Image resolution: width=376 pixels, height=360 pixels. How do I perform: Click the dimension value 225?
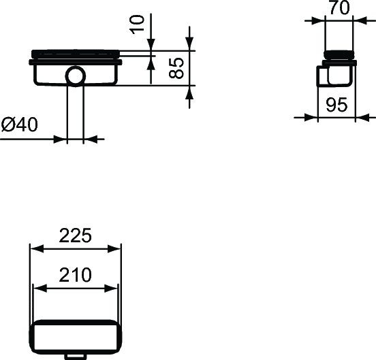75,235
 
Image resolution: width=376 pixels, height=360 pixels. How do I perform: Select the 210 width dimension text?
75,275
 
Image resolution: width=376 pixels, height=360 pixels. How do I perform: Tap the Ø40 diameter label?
19,125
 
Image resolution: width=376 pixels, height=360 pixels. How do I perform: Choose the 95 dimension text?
337,105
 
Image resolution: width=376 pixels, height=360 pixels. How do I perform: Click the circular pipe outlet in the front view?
76,76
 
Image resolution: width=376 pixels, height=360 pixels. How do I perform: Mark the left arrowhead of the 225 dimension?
34,249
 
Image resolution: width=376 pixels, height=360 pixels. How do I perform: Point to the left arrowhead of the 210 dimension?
40,289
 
